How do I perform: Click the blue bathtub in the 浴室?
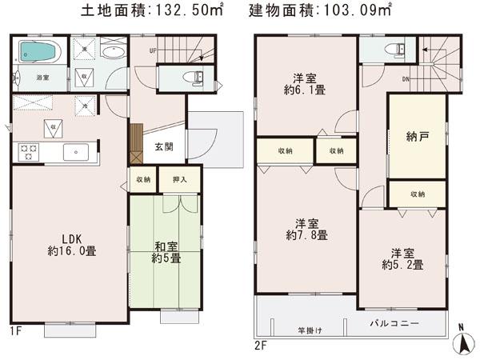[x=36, y=53]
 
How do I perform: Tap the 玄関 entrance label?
[x=164, y=146]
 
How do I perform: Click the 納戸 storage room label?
[x=416, y=138]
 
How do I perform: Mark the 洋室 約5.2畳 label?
[x=402, y=258]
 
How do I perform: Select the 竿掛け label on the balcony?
[x=306, y=330]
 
